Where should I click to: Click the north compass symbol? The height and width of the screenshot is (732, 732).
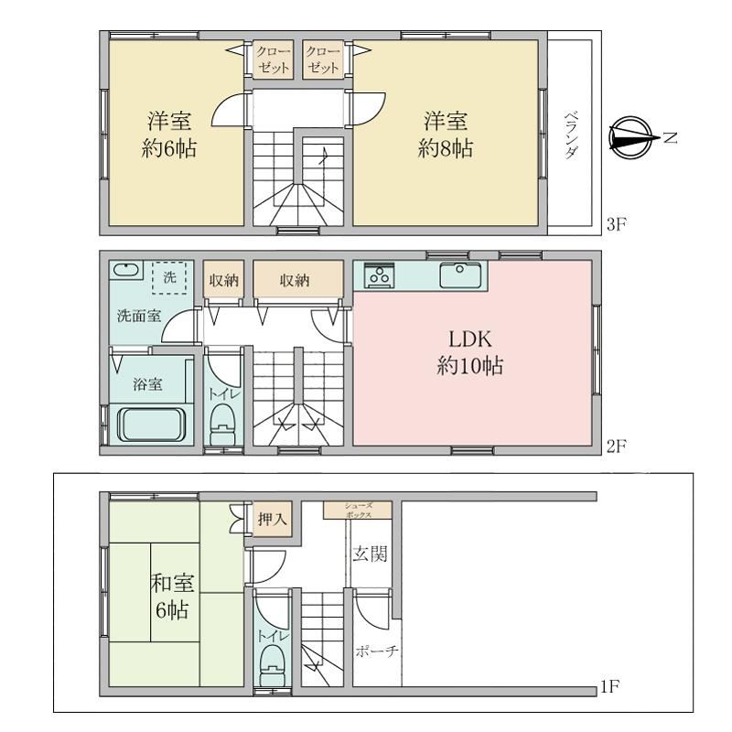coord(630,138)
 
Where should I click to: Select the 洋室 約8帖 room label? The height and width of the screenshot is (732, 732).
coord(445,135)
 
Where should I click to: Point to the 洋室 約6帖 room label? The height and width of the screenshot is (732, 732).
coord(169,135)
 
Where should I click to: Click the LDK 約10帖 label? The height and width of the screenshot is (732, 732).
coord(469,352)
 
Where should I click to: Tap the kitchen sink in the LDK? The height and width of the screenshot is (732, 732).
coord(460,275)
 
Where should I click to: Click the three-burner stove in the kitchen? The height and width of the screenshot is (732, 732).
coord(379,275)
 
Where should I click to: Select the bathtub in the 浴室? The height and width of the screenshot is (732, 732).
coord(151,424)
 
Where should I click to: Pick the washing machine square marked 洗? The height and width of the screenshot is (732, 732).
coord(169,277)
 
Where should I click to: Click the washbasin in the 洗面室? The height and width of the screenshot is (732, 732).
coord(126,270)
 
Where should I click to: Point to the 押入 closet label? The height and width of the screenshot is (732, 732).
coord(272,519)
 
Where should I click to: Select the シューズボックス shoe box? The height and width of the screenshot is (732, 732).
coord(358,510)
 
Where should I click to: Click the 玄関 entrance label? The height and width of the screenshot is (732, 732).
coord(370,554)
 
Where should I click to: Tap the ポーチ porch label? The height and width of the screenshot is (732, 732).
coord(377,651)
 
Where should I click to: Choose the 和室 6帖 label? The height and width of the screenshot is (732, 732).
coord(172,597)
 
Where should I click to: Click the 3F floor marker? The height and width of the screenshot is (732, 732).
coord(616,224)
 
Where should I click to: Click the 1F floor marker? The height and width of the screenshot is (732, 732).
coord(609,687)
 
